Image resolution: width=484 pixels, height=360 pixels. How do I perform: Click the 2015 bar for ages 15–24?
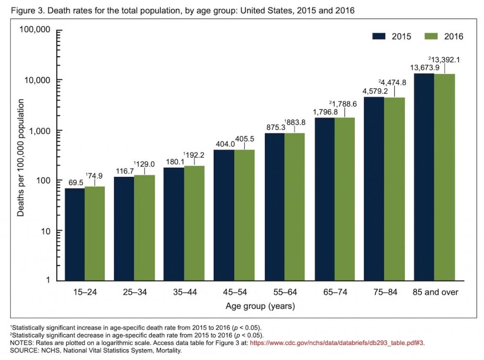pyautogui.click(x=75, y=234)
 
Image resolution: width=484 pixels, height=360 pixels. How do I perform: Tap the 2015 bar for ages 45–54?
pyautogui.click(x=224, y=215)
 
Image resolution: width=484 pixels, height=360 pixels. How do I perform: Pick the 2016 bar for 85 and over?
pyautogui.click(x=444, y=177)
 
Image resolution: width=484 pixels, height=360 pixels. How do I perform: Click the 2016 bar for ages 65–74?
pyautogui.click(x=344, y=199)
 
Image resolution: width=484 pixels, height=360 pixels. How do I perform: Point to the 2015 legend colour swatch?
pyautogui.click(x=380, y=36)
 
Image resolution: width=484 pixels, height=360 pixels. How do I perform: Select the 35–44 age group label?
pyautogui.click(x=184, y=292)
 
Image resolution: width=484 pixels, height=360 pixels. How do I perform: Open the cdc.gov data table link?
pyautogui.click(x=337, y=344)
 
